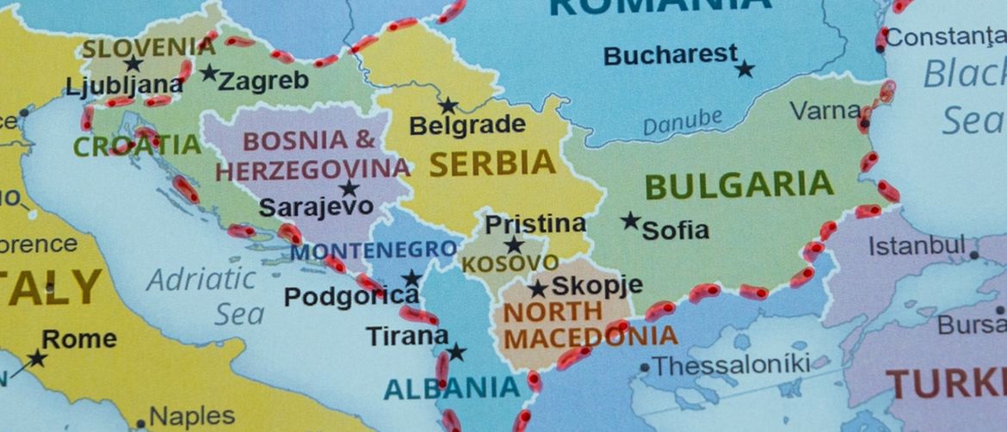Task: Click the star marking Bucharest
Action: [x=744, y=69]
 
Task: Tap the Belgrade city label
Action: [x=466, y=126]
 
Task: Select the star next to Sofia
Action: [x=631, y=220]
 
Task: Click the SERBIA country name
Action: [x=492, y=163]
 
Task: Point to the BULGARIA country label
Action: [x=738, y=185]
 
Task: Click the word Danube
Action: [x=682, y=122]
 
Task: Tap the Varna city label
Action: [x=825, y=110]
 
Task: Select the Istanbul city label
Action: [x=916, y=246]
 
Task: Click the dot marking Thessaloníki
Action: [x=644, y=367]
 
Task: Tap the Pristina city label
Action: [x=535, y=225]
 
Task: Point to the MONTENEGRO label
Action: [x=374, y=251]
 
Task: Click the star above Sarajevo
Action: [x=349, y=188]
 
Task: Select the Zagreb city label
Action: [x=263, y=82]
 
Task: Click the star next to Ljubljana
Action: [x=133, y=64]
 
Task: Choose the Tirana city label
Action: [x=407, y=336]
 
